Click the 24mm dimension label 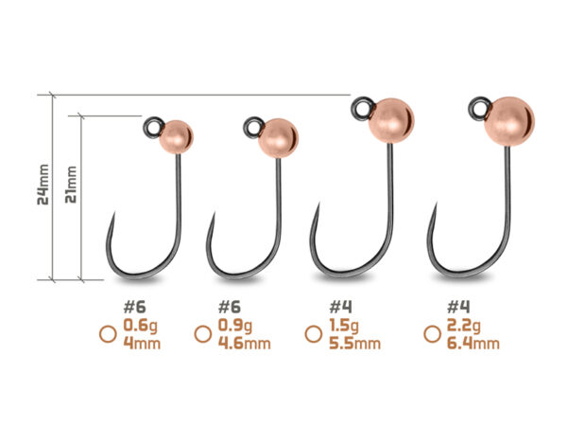pos(43,185)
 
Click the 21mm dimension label pos(71,185)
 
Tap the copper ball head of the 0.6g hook pos(176,137)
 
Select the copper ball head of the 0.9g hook pos(278,138)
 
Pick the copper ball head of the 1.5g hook pos(391,120)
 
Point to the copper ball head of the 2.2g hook pos(509,121)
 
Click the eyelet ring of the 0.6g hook pos(153,127)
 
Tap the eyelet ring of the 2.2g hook pos(479,108)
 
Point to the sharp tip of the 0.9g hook pos(215,213)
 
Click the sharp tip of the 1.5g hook pos(318,204)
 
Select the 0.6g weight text pos(141,326)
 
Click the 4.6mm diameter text pos(245,343)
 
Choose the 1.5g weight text pos(344,326)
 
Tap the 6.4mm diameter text pos(473,343)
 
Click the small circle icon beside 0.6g pos(108,334)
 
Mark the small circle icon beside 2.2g pos(432,334)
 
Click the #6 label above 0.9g pos(230,307)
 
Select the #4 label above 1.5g pos(340,307)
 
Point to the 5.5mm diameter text pos(354,343)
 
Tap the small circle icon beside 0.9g pos(203,334)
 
